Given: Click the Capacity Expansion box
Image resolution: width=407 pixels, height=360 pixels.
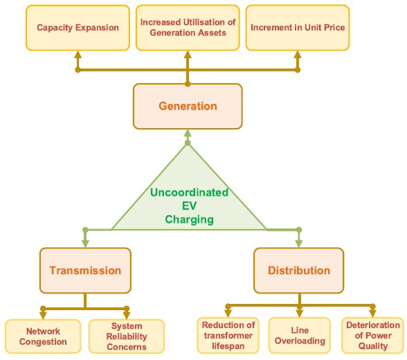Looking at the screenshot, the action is pos(78,28).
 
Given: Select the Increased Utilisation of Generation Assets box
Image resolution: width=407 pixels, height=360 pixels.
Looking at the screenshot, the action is pos(188,28).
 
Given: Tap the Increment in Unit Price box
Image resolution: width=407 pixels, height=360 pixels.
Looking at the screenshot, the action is pos(298,28).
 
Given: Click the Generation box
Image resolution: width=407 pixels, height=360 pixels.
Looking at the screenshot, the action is pos(188,106).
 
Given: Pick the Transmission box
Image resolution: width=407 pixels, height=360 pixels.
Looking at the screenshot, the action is pos(85,271).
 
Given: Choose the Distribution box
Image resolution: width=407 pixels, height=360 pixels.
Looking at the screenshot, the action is pos(299,271).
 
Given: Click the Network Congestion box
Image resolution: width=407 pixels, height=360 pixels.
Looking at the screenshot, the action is pos(43,336).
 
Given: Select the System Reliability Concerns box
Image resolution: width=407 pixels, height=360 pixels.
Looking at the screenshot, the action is pos(127,336).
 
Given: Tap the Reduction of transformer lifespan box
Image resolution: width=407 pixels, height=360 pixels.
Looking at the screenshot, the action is pos(228,335).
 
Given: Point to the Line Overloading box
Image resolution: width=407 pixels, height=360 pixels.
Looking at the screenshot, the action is pos(300,335).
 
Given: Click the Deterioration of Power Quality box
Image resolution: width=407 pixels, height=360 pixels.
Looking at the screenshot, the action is pos(372,335).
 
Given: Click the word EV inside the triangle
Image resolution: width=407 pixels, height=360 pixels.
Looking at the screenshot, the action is pos(189,206).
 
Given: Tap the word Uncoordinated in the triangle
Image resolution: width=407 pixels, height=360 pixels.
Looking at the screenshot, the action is pos(189,192).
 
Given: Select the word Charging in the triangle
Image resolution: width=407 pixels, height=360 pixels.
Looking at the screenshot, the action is pos(189,219).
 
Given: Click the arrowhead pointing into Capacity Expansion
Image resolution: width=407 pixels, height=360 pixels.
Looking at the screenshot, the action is pos(78,55).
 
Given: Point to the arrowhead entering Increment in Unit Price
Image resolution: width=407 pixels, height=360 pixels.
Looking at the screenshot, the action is pos(298,55).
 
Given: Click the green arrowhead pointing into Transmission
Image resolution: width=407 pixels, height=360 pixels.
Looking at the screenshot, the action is pos(85,244).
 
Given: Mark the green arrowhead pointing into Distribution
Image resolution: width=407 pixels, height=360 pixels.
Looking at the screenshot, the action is pos(299,244).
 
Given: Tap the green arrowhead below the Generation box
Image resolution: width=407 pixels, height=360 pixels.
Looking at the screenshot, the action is pos(188,134).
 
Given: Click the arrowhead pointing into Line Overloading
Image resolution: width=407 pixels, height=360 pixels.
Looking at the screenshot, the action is pos(300,314).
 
